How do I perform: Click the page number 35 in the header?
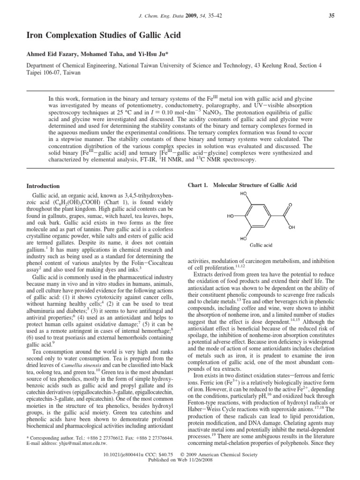(x=331, y=16)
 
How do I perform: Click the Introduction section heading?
(x=43, y=186)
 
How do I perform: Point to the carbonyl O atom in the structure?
(x=291, y=205)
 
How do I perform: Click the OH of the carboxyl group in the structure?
(x=292, y=227)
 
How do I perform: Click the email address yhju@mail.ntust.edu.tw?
(x=79, y=443)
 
